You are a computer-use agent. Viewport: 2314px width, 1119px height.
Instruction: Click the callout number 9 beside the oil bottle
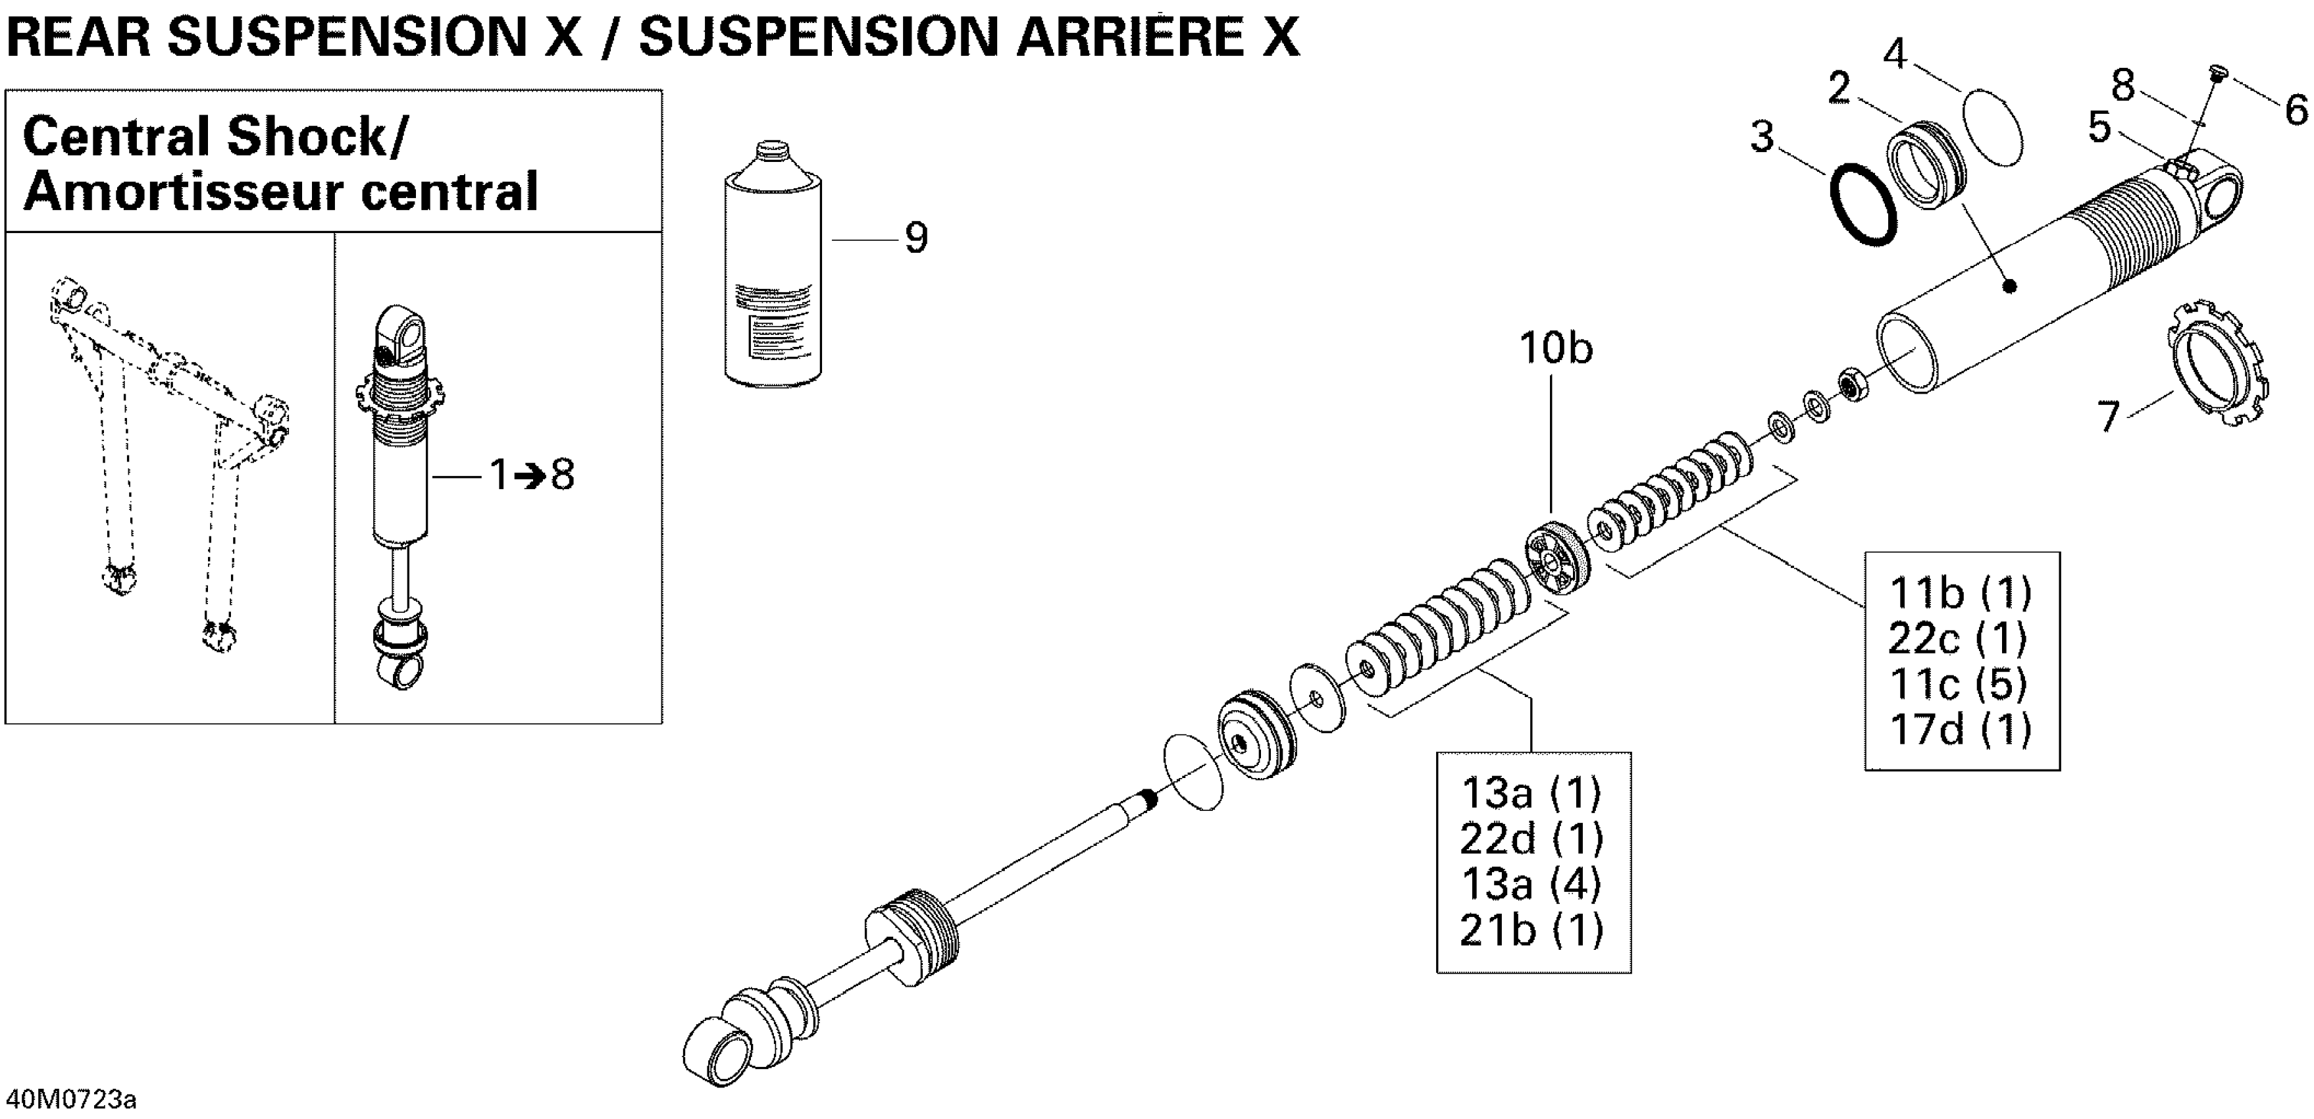(x=915, y=238)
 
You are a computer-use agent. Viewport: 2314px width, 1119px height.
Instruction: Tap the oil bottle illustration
(x=773, y=269)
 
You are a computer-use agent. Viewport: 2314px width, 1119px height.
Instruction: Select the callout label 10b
(x=1556, y=348)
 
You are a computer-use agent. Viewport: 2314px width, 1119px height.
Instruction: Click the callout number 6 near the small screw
(x=2295, y=111)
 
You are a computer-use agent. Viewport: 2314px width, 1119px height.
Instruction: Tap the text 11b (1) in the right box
(x=1960, y=592)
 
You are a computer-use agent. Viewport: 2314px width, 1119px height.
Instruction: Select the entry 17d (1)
(x=1960, y=729)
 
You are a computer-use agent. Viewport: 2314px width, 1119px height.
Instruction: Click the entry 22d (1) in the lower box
(x=1531, y=839)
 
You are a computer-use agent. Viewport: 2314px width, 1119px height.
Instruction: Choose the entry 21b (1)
(x=1531, y=930)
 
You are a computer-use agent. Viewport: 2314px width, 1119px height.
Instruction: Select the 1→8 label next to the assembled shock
(x=532, y=475)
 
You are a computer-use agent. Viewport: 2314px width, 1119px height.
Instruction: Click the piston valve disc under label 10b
(x=1556, y=559)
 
